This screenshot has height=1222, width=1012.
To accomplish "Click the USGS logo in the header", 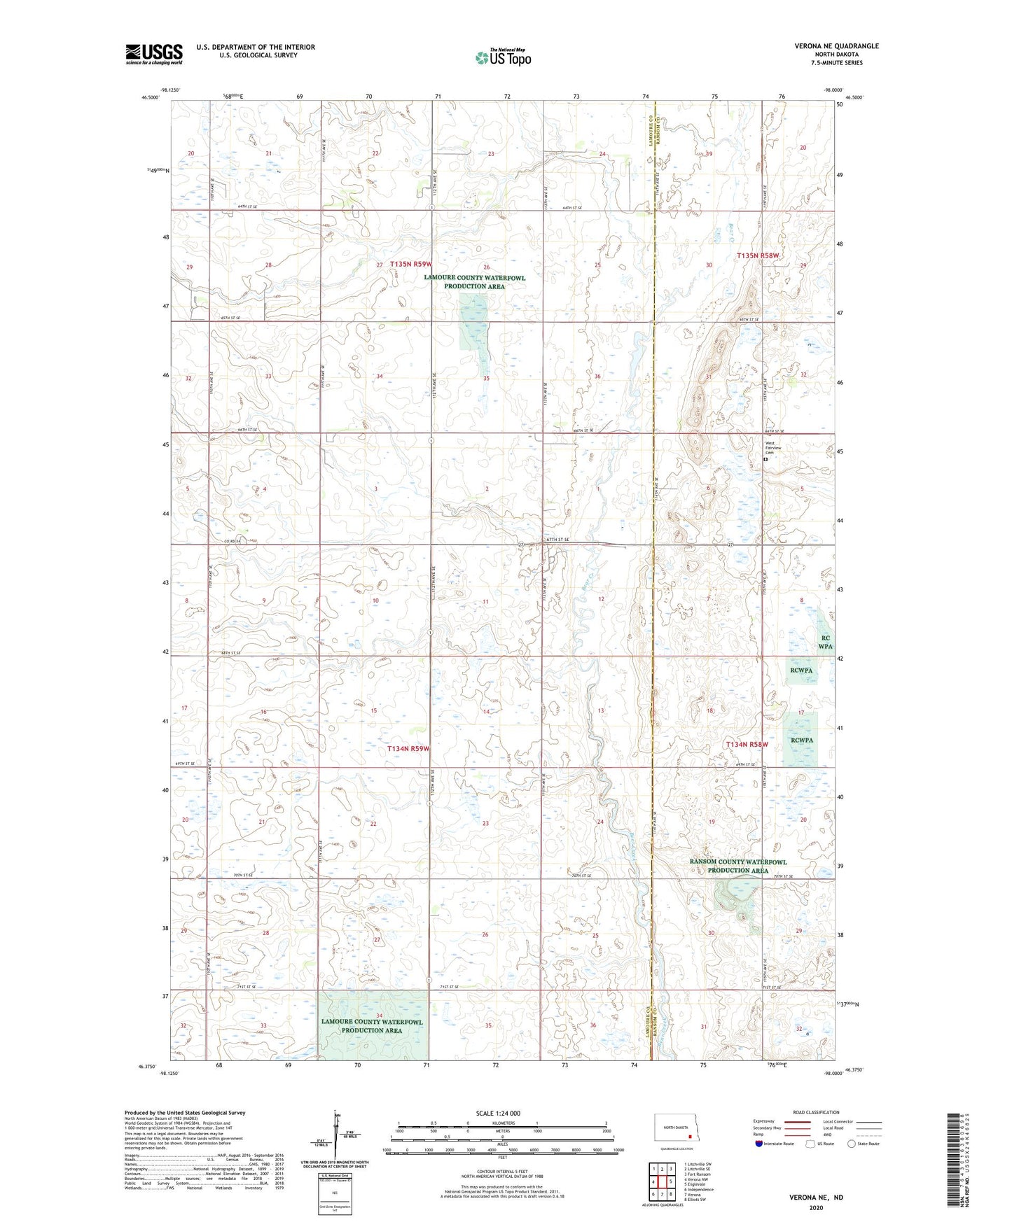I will (153, 53).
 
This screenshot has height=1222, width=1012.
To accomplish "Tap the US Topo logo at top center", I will (502, 58).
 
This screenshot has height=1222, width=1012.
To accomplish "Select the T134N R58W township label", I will (747, 745).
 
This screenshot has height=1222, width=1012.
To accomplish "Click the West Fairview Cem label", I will (770, 448).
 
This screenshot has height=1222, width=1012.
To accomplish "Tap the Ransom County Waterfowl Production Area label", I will (737, 866).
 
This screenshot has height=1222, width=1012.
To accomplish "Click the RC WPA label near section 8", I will (825, 642).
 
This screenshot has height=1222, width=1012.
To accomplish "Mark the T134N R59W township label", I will (408, 748).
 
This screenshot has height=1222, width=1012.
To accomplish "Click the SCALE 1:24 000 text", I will (498, 1113).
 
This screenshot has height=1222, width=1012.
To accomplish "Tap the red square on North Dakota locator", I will (690, 1137).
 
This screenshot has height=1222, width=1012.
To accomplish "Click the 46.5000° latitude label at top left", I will (150, 99).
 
